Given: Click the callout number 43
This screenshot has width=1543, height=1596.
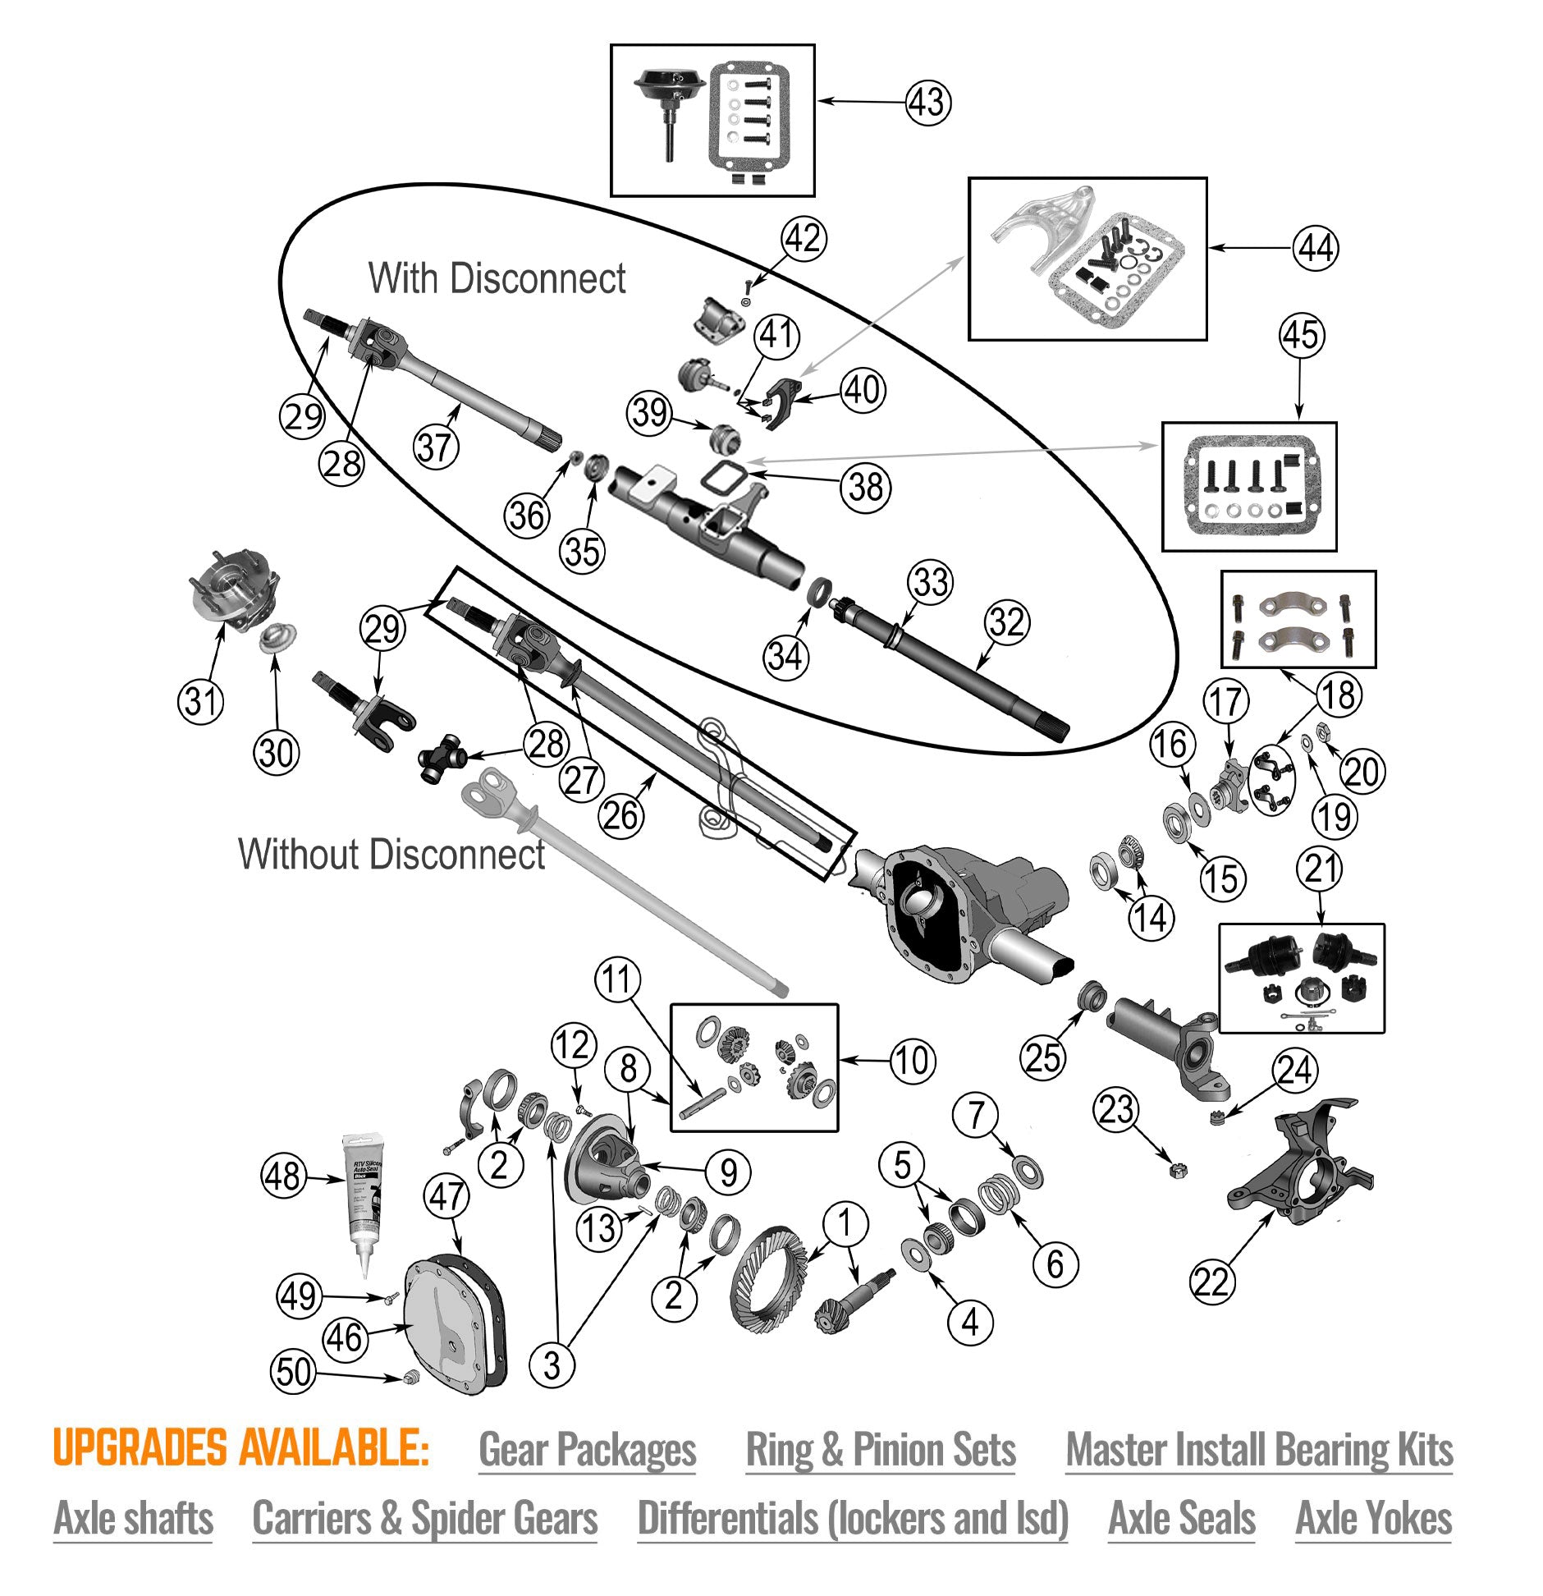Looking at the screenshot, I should [x=928, y=103].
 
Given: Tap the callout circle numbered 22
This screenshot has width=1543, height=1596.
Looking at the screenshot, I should [x=1211, y=1282].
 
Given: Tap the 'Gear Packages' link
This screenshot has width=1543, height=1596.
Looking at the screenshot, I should [x=587, y=1450].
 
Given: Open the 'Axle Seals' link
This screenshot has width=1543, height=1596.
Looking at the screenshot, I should [x=1181, y=1518].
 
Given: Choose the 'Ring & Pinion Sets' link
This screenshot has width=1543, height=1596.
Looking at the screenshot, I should [x=880, y=1450].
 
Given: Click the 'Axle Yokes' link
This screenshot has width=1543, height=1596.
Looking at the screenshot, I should [x=1373, y=1518].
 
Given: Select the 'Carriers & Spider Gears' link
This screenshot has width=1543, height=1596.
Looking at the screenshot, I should [x=424, y=1518].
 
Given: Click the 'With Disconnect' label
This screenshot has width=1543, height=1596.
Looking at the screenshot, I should [x=497, y=278].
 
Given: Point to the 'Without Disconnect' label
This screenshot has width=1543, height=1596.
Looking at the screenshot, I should [x=391, y=854].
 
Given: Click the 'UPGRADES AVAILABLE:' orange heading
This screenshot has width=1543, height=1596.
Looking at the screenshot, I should [x=240, y=1448].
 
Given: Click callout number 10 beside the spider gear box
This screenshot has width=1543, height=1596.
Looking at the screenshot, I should [x=912, y=1061].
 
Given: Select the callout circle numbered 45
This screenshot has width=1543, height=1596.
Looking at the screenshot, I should [x=1301, y=336].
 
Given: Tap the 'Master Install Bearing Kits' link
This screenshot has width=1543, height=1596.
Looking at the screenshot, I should [x=1259, y=1450].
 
